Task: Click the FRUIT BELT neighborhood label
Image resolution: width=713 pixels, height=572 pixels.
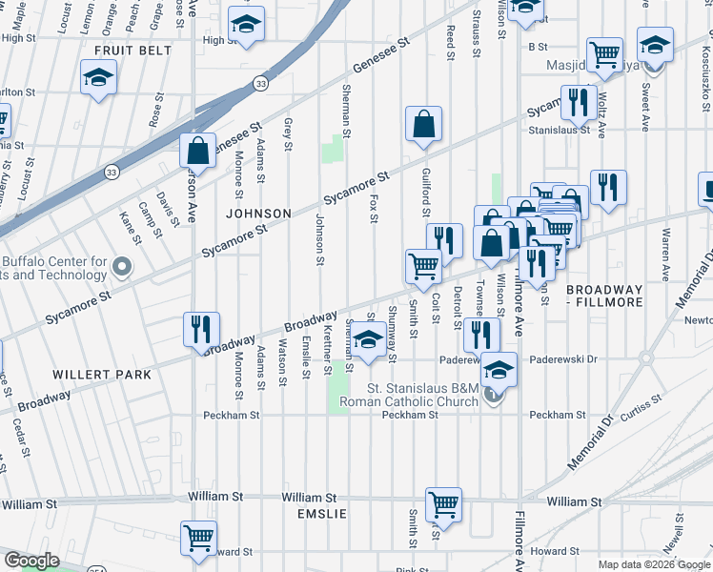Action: [x=133, y=50]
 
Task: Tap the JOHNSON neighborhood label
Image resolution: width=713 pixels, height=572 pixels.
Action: [x=257, y=213]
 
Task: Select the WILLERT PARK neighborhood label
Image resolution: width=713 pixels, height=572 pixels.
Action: [x=103, y=375]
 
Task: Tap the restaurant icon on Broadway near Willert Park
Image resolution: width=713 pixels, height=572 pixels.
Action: [x=201, y=330]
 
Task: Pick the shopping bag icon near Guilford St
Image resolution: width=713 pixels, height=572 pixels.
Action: [x=423, y=124]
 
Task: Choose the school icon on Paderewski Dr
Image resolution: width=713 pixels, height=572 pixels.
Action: [x=498, y=369]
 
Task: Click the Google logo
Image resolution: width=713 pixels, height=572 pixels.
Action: [x=31, y=561]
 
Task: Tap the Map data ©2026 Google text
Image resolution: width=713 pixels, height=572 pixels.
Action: [x=655, y=564]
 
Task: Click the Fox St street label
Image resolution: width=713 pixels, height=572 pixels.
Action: [x=374, y=209]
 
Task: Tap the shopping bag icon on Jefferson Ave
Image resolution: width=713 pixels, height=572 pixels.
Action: [x=196, y=151]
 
